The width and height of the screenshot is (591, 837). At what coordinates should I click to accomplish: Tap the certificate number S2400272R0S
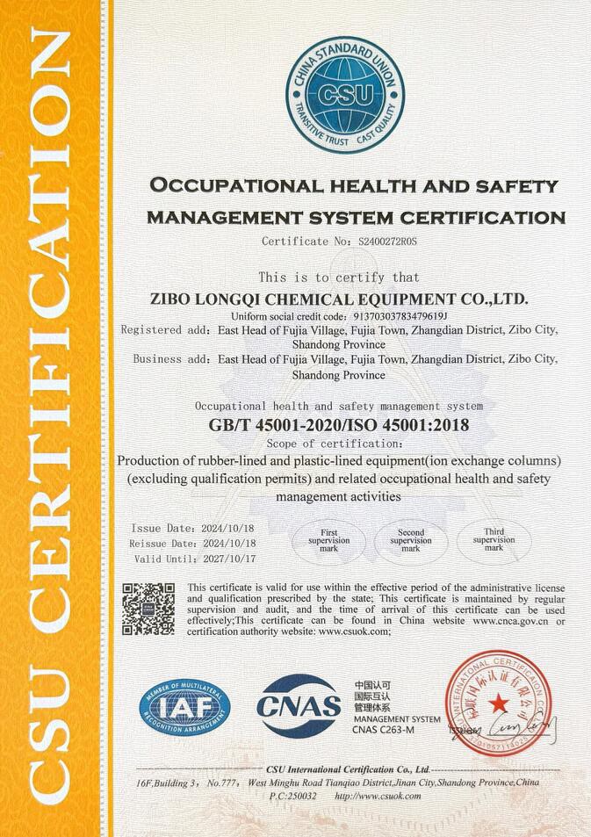click(387, 240)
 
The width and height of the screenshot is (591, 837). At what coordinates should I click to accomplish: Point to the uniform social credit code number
click(400, 315)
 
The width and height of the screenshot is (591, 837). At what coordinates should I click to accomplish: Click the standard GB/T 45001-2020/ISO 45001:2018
click(339, 425)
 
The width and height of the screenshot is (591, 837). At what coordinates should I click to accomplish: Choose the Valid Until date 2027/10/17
click(231, 558)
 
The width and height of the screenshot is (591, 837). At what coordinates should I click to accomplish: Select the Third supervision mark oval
click(494, 540)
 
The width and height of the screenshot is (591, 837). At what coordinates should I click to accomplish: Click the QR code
click(148, 609)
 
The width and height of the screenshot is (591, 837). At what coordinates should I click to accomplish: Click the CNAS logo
click(299, 705)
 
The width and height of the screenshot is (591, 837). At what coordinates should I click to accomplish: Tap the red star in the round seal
click(498, 702)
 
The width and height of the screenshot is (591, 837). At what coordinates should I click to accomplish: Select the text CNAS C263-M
click(382, 730)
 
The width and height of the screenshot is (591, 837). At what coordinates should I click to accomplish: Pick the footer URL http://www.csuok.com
click(378, 796)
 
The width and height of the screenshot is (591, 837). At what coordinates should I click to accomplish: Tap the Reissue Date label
click(161, 544)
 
